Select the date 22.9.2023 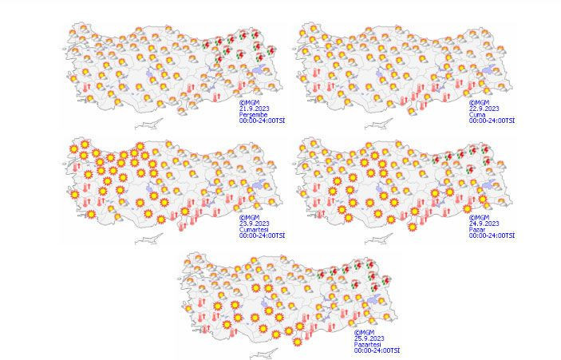tap(484, 109)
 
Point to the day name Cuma tap(477, 115)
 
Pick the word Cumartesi tap(256, 230)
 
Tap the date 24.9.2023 tap(484, 224)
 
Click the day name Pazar tap(478, 230)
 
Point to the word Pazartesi tap(371, 344)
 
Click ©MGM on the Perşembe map tap(249, 103)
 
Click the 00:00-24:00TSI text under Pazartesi tap(378, 350)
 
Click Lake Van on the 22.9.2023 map tap(489, 73)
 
